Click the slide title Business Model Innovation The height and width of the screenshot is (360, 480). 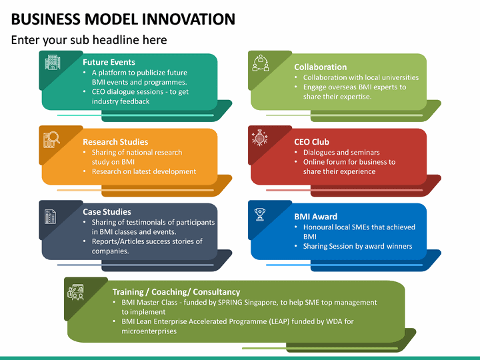tap(123, 19)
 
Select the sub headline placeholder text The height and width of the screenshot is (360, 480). tap(89, 40)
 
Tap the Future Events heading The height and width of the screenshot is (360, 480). tap(109, 62)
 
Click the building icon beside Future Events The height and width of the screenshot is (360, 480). tap(53, 63)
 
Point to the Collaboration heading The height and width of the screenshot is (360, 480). tap(320, 67)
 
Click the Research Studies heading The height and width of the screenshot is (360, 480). tap(115, 141)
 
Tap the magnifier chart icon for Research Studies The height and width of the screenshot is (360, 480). tap(52, 139)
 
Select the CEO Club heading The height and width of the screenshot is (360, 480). tap(311, 141)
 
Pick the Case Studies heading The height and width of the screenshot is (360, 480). tap(107, 211)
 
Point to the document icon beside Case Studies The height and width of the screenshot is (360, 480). tap(51, 216)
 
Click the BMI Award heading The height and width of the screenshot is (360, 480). tap(315, 216)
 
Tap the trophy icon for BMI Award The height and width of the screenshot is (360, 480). tap(259, 214)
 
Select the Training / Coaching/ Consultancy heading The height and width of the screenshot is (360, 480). tap(176, 291)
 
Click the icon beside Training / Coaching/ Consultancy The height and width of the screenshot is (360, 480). tap(75, 292)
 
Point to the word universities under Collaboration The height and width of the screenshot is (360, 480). tap(395, 77)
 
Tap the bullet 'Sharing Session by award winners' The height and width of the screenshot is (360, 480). tap(357, 246)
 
